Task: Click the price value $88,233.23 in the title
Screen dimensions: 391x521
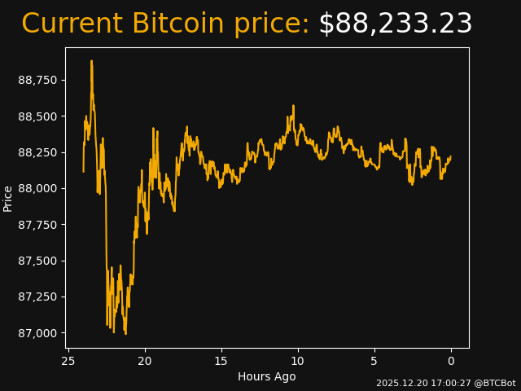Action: (395, 24)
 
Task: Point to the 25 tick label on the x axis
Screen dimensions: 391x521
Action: (68, 361)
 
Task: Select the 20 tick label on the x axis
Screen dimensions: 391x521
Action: (145, 361)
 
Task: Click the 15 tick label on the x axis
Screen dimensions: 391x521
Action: (221, 361)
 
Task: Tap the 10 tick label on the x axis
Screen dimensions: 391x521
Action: (298, 361)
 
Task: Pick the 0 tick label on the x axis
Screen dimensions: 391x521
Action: (451, 361)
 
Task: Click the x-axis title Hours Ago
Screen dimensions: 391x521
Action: (267, 376)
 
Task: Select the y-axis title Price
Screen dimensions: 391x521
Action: (8, 198)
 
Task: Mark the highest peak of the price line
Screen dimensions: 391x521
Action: (91, 61)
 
